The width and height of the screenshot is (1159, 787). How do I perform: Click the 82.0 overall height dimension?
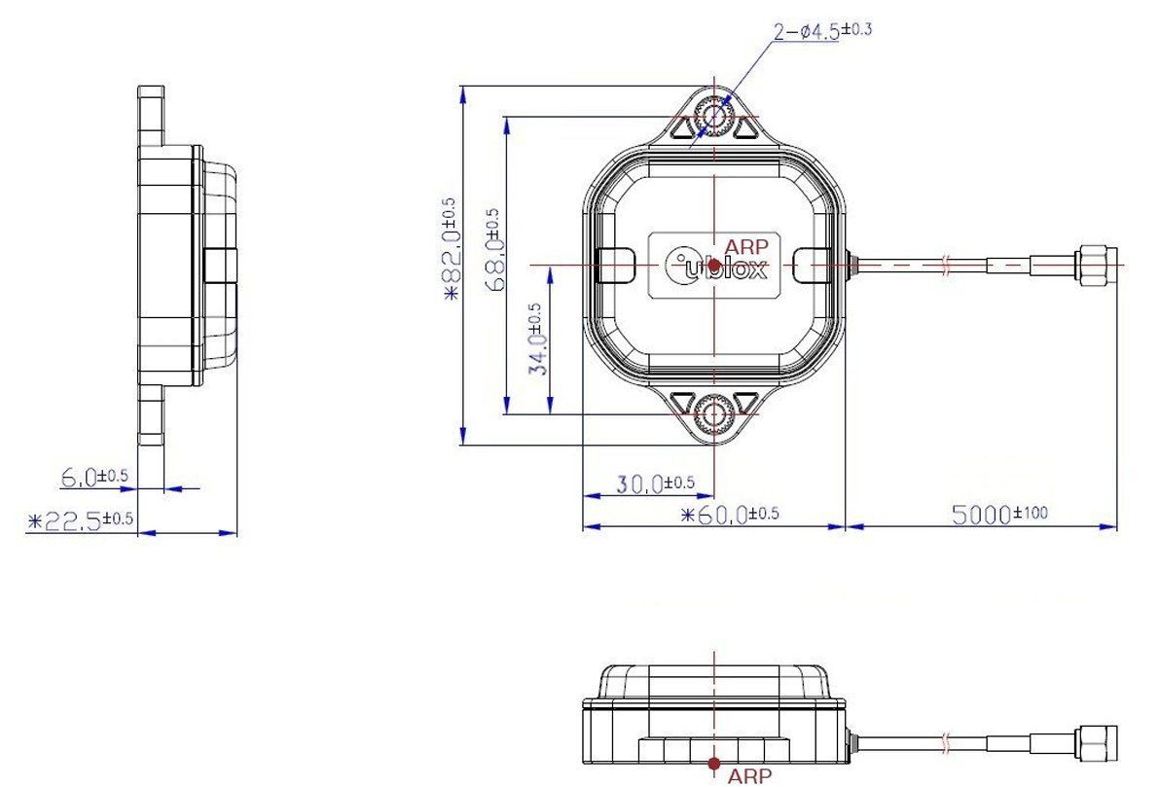(451, 251)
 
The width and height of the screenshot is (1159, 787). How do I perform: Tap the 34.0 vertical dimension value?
(538, 340)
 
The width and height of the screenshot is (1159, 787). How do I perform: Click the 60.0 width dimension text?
(730, 514)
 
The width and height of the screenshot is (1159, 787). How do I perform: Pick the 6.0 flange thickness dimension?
(93, 478)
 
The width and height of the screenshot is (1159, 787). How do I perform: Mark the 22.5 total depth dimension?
(80, 520)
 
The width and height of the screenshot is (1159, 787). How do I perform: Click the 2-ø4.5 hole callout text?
(822, 31)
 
